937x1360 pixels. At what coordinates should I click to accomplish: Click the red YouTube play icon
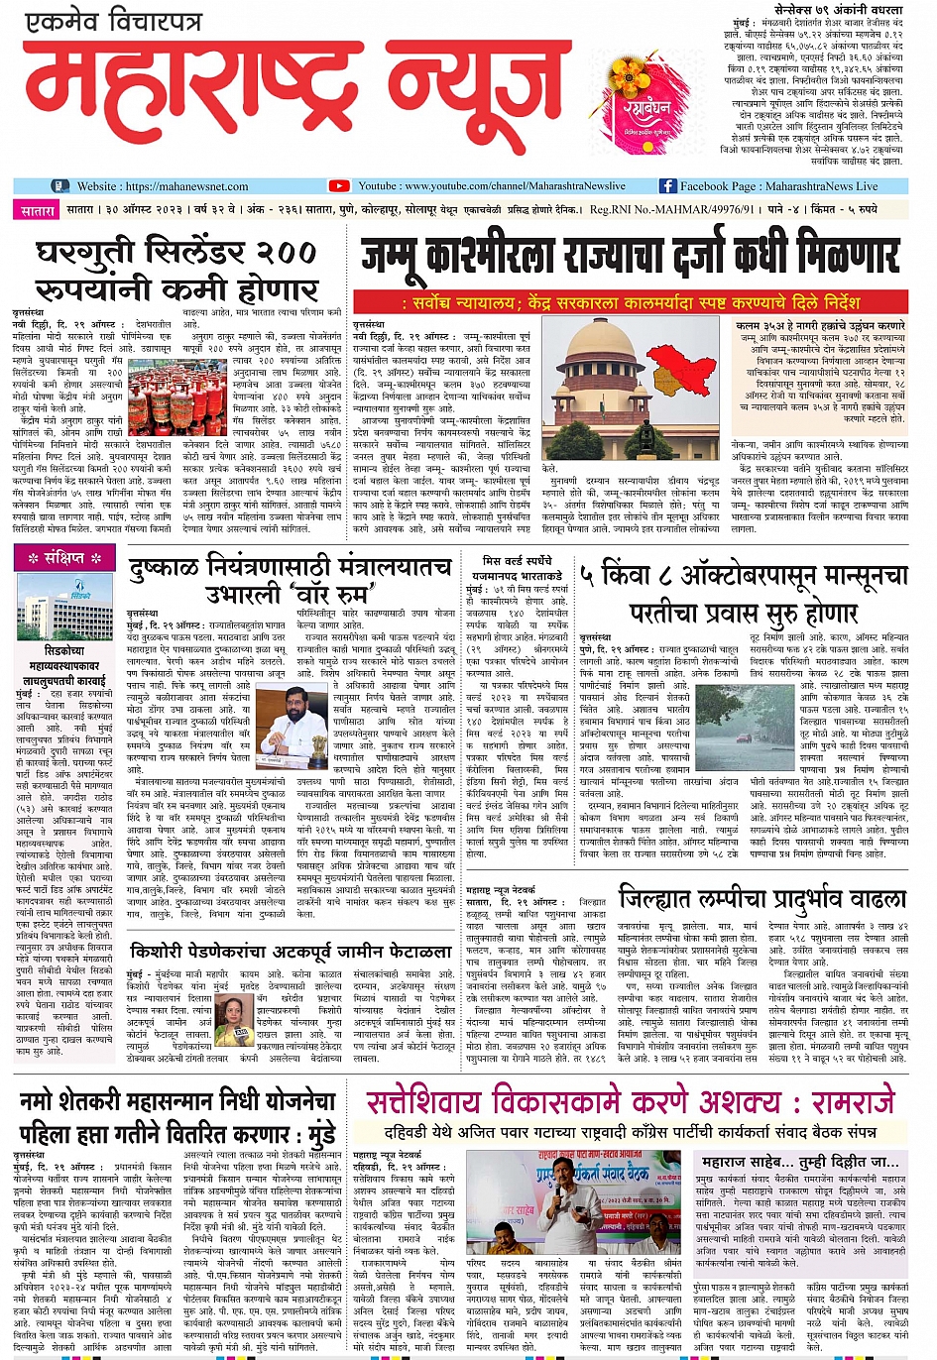tap(339, 185)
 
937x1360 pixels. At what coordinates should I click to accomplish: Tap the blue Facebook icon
tap(667, 185)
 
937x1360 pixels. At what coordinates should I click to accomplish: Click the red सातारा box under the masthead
tap(38, 210)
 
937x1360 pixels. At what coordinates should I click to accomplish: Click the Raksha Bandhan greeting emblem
tap(644, 106)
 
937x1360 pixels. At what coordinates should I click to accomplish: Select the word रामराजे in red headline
tap(852, 1102)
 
